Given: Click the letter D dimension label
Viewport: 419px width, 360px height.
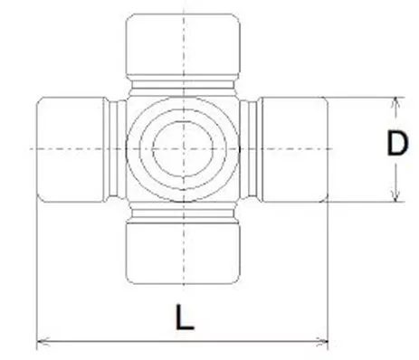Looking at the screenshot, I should [x=396, y=145].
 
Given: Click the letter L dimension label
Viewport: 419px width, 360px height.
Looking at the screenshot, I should [x=186, y=317].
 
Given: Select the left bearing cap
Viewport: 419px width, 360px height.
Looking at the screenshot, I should [x=70, y=147].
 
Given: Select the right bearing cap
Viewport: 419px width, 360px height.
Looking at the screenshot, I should [x=294, y=147].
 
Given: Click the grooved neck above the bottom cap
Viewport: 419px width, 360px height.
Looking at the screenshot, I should [x=183, y=210].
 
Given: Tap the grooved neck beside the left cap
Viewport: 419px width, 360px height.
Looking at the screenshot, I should [x=115, y=147].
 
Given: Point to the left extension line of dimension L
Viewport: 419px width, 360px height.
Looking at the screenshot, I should [x=35, y=271].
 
